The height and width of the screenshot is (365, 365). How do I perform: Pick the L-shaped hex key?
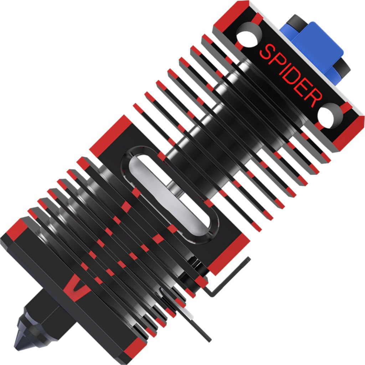(228, 278)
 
